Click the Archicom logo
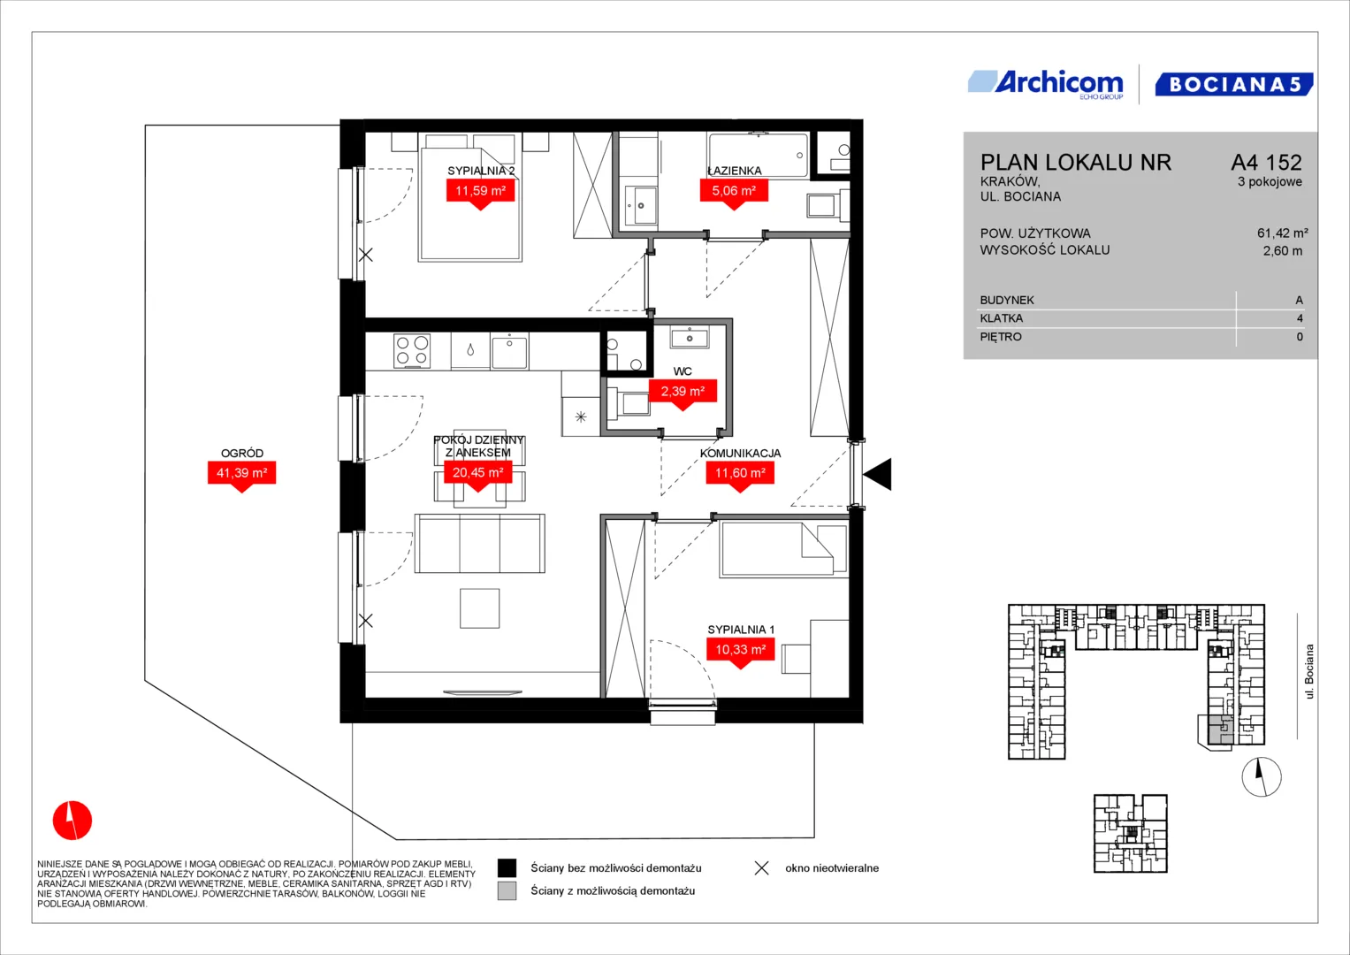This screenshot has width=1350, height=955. tap(1046, 84)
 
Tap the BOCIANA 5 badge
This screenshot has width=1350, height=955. tap(1233, 84)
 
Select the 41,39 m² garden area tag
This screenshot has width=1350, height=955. tap(241, 476)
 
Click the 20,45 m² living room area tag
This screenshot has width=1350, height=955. tap(478, 475)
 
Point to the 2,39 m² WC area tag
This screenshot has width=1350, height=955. tap(683, 393)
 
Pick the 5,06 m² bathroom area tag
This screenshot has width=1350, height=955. tap(734, 194)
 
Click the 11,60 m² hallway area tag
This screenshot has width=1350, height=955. tap(740, 476)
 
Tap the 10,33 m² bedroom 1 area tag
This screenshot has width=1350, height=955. tap(741, 653)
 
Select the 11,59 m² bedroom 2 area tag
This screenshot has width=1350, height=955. tap(480, 194)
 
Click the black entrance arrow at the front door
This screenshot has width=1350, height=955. tap(878, 474)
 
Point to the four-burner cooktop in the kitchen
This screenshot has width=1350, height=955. tap(412, 350)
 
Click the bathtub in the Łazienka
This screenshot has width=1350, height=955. tap(759, 156)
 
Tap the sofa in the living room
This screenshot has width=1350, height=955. tap(480, 543)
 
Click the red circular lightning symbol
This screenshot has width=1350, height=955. tap(72, 820)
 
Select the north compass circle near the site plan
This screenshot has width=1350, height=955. tap(1262, 776)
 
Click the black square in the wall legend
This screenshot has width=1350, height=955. tap(507, 868)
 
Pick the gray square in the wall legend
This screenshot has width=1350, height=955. tap(507, 891)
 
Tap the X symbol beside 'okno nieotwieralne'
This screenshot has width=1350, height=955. tap(762, 868)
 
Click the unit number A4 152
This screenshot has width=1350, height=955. tap(1266, 162)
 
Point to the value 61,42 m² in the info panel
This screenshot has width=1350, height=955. tap(1283, 233)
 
